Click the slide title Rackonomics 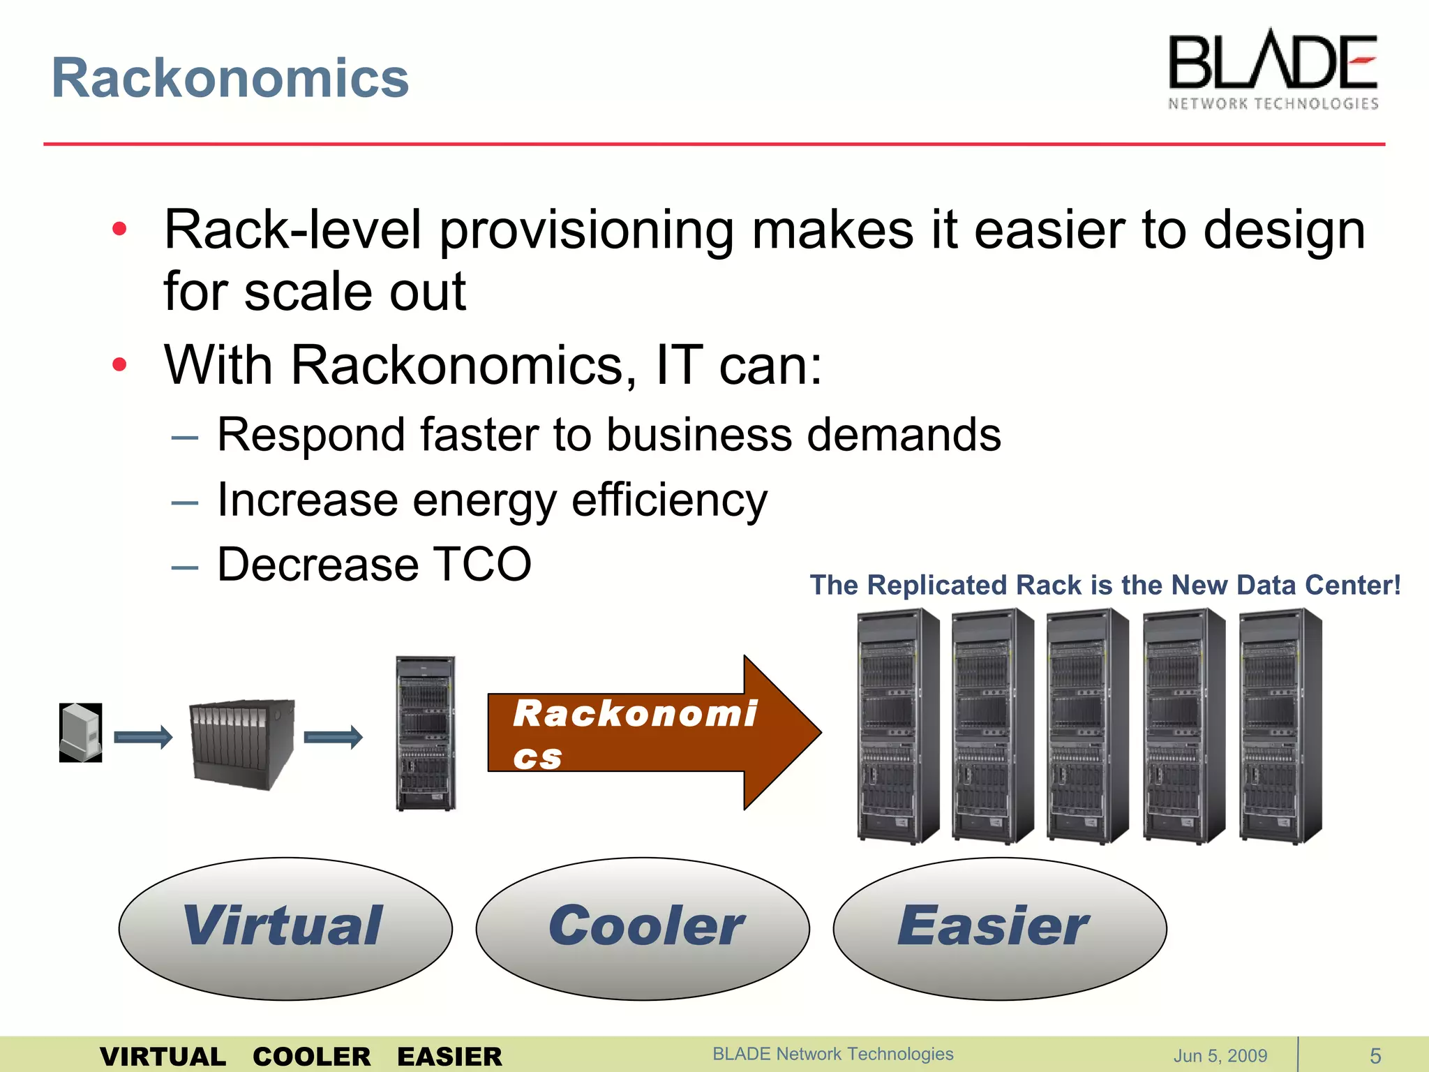[x=230, y=78]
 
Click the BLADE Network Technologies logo [x=1273, y=70]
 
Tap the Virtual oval [x=285, y=928]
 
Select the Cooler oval [x=643, y=928]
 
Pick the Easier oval [x=999, y=928]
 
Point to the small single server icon [x=81, y=732]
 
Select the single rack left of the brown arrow [x=426, y=733]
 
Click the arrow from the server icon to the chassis [x=143, y=737]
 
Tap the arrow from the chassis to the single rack [x=334, y=737]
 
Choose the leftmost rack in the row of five [x=898, y=726]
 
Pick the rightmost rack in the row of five [x=1280, y=726]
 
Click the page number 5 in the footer [x=1375, y=1055]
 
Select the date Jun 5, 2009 [x=1220, y=1055]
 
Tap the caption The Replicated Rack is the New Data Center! [x=1105, y=585]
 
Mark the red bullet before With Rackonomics [x=120, y=364]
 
